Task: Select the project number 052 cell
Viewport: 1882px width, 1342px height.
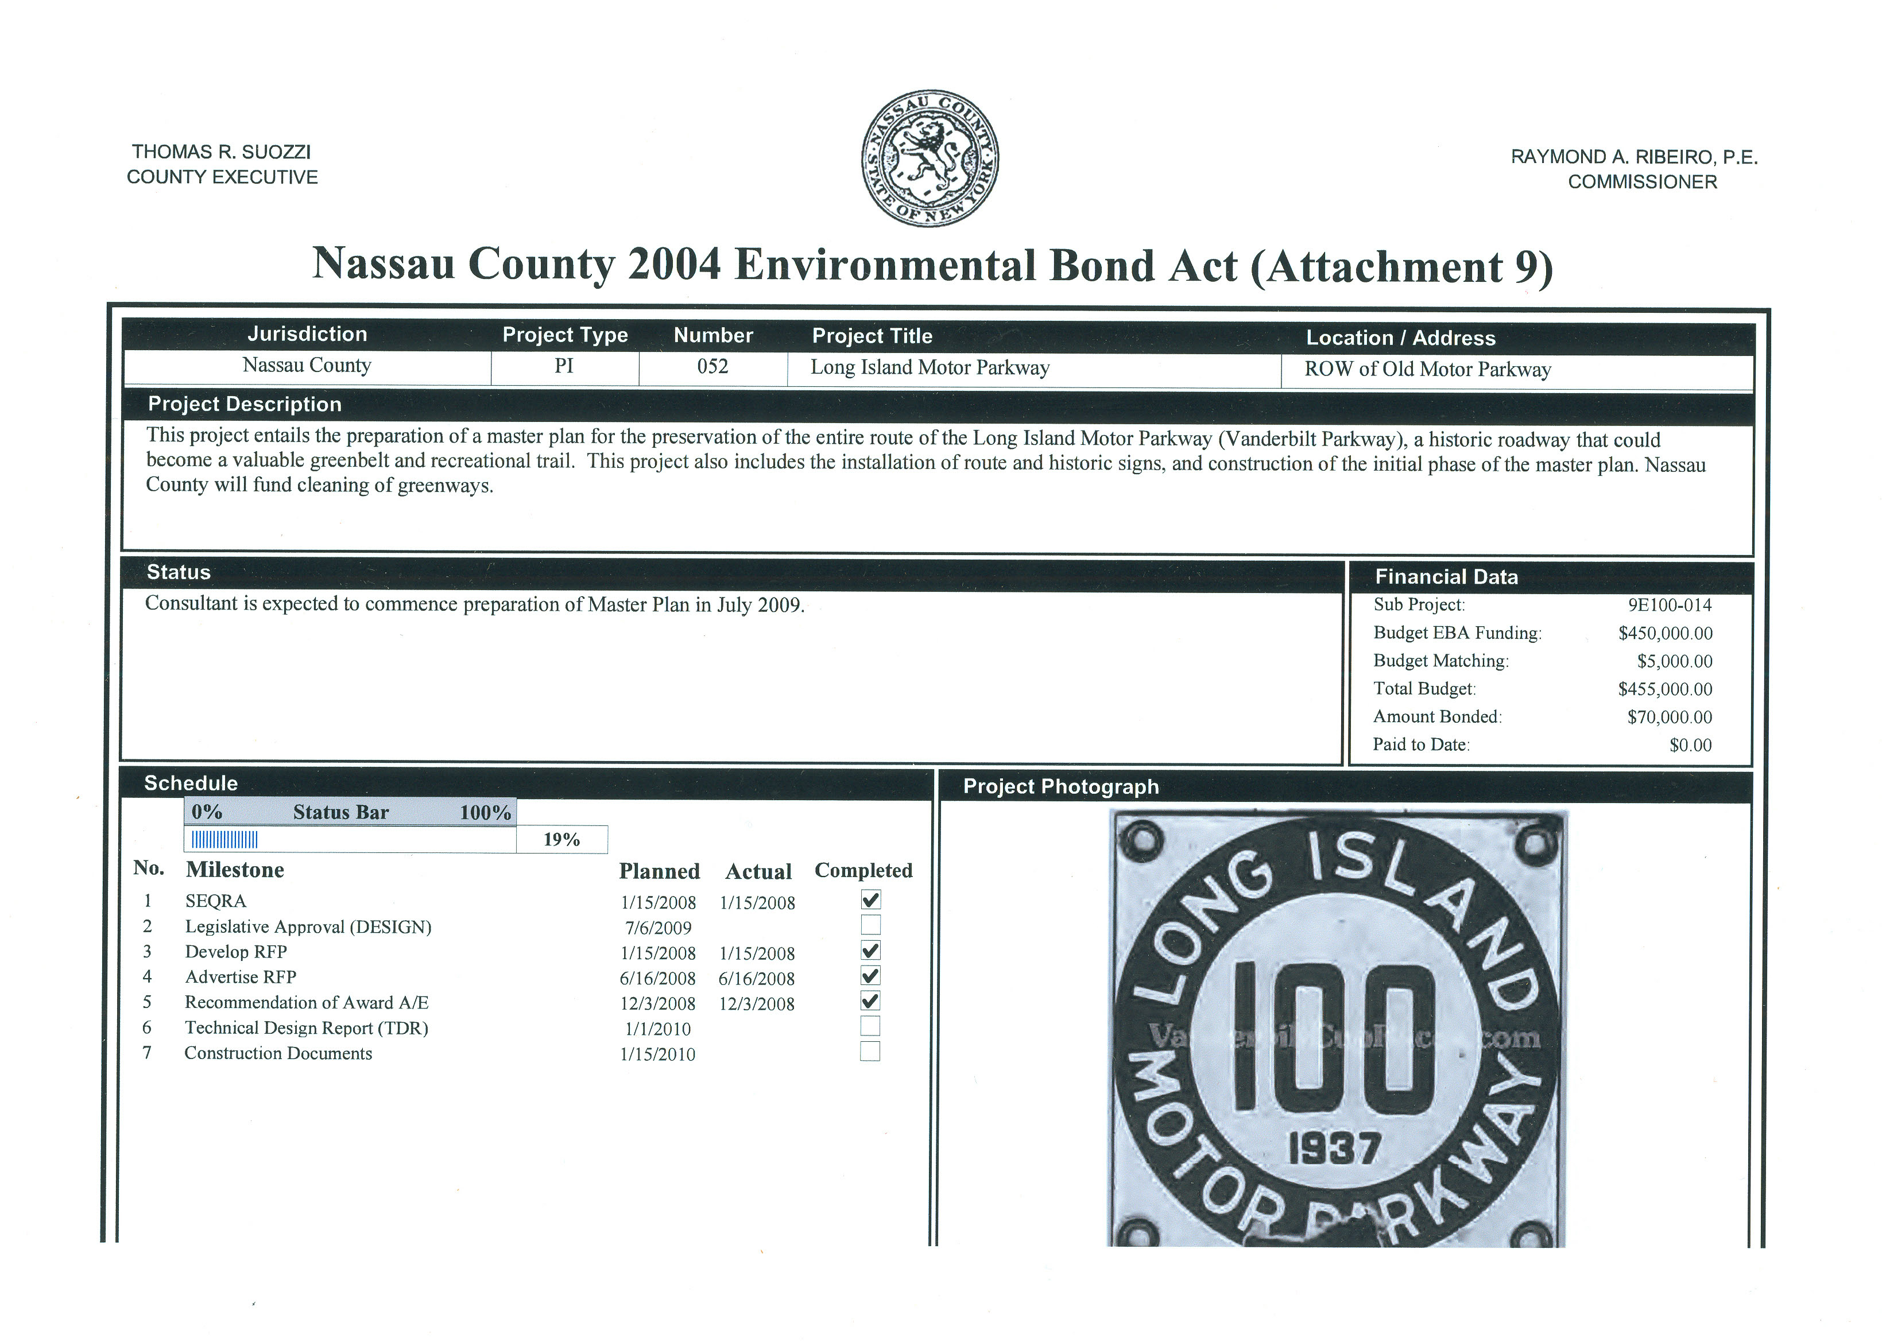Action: pos(712,367)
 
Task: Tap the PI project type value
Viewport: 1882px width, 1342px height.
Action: pos(564,366)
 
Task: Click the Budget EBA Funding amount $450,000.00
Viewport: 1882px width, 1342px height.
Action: pos(1664,634)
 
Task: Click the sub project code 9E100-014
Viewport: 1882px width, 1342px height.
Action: pos(1670,605)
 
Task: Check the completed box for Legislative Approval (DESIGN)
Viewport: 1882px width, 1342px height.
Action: pos(870,925)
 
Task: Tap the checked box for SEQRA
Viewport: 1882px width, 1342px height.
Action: pos(870,899)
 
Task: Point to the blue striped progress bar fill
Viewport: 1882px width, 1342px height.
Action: pos(225,840)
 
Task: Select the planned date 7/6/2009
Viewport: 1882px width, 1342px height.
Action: pos(658,928)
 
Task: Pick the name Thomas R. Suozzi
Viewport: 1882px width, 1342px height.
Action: pos(222,152)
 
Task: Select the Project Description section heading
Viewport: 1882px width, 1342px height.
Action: pos(245,404)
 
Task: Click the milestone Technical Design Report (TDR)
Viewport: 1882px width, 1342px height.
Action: pos(307,1028)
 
